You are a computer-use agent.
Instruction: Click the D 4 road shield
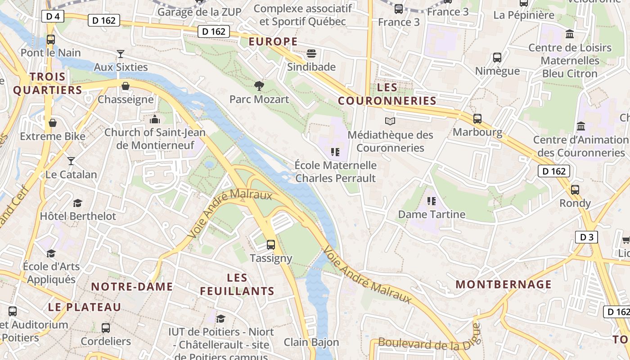[x=53, y=17]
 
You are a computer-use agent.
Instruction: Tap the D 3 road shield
[x=586, y=237]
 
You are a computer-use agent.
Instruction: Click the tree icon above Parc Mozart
[x=259, y=85]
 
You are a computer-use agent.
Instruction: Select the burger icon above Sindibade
[x=311, y=54]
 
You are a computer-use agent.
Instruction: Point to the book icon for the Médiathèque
[x=390, y=121]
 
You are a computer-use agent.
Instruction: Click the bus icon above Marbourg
[x=477, y=119]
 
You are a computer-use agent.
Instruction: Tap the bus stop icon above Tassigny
[x=270, y=245]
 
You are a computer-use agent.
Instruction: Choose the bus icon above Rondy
[x=575, y=190]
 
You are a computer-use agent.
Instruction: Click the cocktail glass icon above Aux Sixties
[x=120, y=54]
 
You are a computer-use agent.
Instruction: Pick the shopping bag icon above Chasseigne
[x=126, y=86]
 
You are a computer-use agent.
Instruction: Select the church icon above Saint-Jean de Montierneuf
[x=155, y=119]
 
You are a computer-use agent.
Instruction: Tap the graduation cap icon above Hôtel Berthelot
[x=78, y=203]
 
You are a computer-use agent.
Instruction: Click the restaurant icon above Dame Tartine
[x=432, y=201]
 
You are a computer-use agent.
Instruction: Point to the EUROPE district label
[x=273, y=42]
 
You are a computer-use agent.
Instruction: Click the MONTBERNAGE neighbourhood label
[x=504, y=284]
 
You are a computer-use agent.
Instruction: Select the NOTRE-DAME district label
[x=132, y=287]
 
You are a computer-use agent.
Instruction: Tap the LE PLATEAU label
[x=85, y=307]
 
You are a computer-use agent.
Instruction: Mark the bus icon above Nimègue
[x=497, y=58]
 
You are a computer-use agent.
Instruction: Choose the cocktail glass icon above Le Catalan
[x=71, y=161]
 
